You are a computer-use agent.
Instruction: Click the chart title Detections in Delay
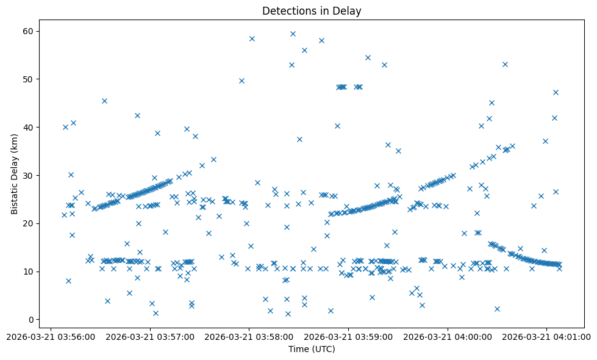[311, 10]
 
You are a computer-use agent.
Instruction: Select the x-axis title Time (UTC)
[311, 350]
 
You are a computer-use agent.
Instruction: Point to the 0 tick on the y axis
[31, 320]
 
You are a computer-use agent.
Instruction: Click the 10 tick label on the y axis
[29, 272]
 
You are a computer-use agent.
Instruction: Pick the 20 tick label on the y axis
[29, 223]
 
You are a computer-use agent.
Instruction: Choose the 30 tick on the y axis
[29, 176]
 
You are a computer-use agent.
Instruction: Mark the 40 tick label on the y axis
[29, 128]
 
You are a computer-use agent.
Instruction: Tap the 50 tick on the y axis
[29, 79]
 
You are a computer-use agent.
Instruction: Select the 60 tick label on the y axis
[29, 31]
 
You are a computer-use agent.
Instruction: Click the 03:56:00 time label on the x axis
[50, 336]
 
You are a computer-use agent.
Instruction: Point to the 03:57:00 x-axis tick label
[149, 336]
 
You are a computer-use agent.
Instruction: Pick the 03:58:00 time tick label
[249, 336]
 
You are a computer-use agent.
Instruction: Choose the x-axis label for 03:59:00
[348, 336]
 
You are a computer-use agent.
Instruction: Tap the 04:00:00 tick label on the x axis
[448, 336]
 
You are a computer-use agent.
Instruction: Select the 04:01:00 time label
[547, 336]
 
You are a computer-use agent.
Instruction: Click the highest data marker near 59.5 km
[293, 34]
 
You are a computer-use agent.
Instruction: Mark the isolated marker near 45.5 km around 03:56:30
[104, 101]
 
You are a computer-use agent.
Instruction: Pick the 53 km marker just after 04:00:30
[505, 64]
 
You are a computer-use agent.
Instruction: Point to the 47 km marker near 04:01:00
[556, 92]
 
